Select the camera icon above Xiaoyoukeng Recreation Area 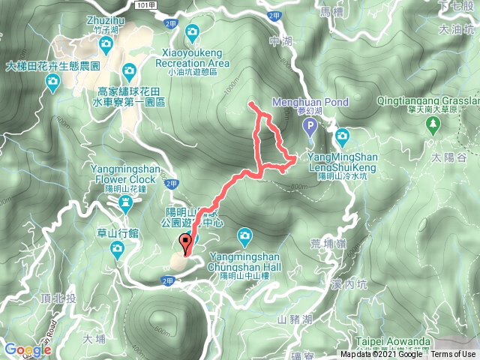click(193, 31)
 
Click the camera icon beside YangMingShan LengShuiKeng click(343, 136)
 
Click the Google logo click(27, 349)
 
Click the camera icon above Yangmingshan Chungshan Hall click(244, 236)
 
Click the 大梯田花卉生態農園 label click(52, 65)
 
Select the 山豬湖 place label click(293, 319)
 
